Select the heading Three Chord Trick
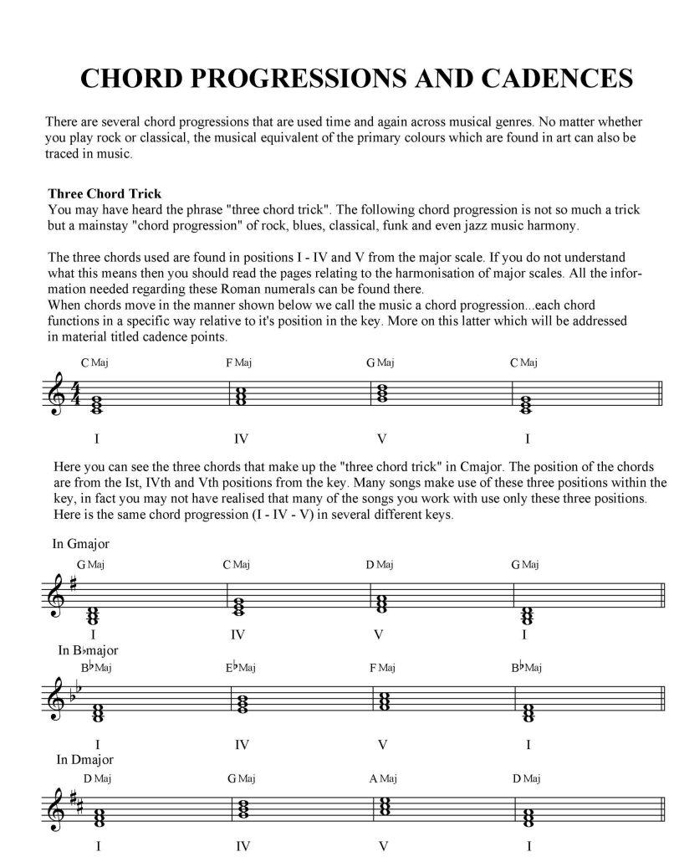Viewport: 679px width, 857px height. tap(105, 193)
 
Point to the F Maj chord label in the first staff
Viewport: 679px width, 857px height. tap(238, 362)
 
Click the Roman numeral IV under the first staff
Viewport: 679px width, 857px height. tap(242, 439)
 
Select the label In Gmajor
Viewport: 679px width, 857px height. tap(81, 544)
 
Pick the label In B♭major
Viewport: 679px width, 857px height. tap(88, 650)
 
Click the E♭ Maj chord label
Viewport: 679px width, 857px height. tap(240, 667)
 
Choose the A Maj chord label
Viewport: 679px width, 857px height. tap(381, 778)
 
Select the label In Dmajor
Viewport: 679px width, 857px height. tap(84, 760)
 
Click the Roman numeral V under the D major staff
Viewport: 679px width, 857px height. tap(382, 846)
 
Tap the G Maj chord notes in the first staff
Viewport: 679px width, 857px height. tap(382, 391)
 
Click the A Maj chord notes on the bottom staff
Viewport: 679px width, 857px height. tap(382, 807)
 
